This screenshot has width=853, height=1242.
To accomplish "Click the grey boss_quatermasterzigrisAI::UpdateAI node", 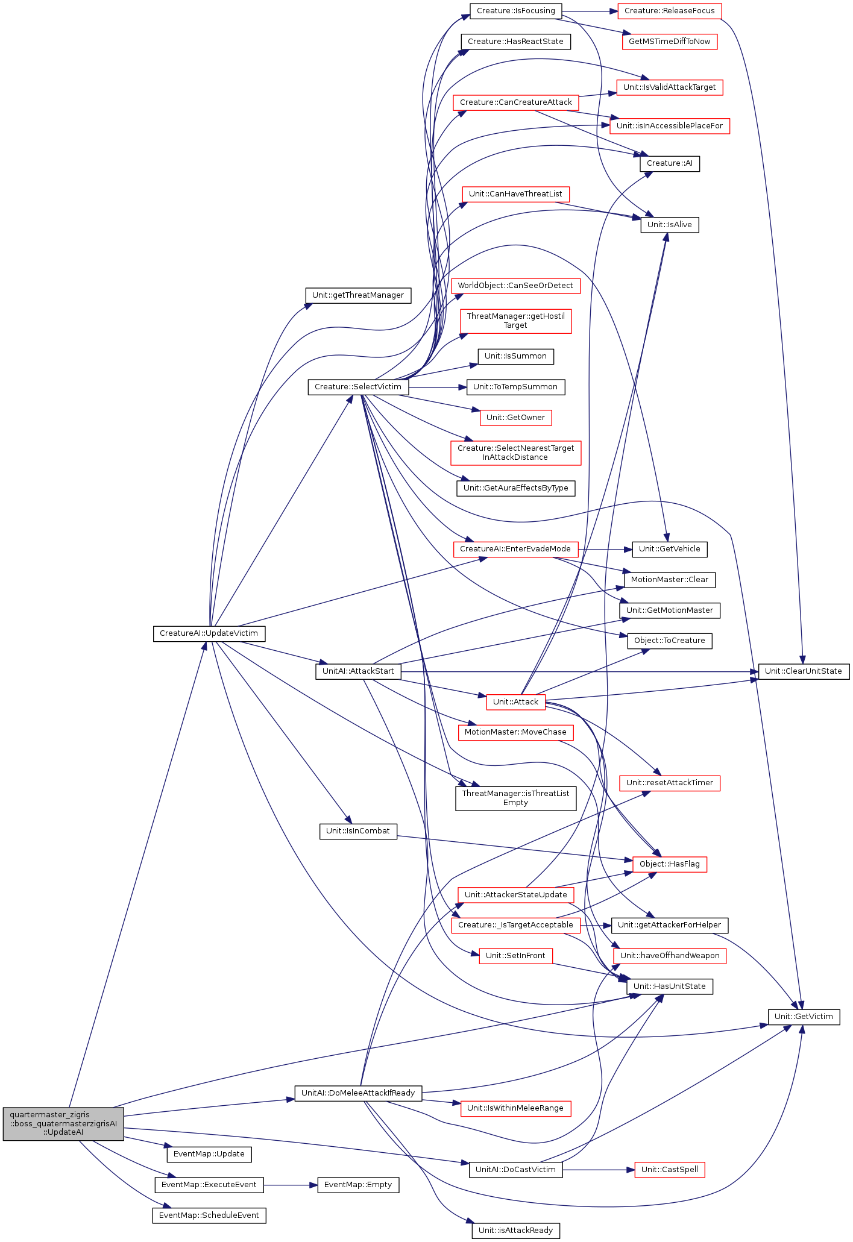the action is point(63,1123).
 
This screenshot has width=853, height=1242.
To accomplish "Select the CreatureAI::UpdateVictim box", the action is point(209,633).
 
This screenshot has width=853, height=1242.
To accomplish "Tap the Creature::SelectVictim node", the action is point(359,387).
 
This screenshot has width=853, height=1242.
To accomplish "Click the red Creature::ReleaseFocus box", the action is point(669,11).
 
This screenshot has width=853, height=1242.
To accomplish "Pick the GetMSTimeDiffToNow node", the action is point(669,42).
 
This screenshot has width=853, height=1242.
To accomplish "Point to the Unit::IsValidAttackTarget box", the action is point(669,87).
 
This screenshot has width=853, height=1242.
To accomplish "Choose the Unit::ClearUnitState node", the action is point(804,671).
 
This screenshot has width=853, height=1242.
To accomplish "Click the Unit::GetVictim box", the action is point(804,1017).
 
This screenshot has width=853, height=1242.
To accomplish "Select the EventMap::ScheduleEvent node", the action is point(209,1215).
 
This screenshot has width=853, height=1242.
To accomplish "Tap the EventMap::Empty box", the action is point(358,1185).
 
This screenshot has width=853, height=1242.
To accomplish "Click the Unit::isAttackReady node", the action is point(515,1231).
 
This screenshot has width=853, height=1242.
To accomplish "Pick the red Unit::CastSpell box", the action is point(669,1170).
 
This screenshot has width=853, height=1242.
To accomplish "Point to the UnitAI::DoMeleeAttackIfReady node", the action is point(358,1093).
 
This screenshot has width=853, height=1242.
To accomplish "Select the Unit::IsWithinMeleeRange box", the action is point(515,1108).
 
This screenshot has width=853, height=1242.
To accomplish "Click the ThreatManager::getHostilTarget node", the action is point(515,321).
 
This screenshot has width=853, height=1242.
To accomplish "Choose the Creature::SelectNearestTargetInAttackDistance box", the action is point(515,453).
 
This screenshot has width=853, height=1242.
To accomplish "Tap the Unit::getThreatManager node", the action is point(358,295).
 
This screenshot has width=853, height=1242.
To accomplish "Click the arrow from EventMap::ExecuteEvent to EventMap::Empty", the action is point(291,1185).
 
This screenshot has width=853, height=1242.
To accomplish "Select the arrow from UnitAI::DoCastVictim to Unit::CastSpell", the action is point(599,1170).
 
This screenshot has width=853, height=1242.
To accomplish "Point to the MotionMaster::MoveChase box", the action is point(515,732).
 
